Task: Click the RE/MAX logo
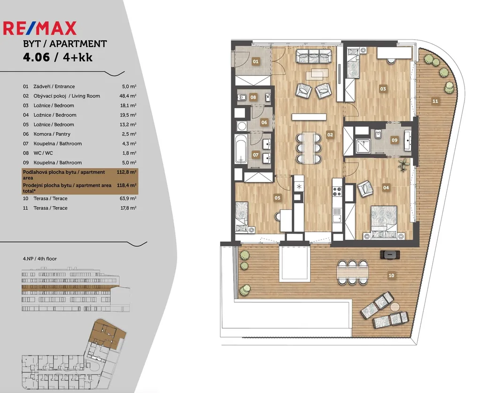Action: click(x=39, y=28)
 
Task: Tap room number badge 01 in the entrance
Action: click(x=256, y=62)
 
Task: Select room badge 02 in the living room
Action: click(x=330, y=134)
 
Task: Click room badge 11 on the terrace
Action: click(x=435, y=101)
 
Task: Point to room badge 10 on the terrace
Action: click(x=391, y=275)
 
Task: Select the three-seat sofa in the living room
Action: click(x=314, y=56)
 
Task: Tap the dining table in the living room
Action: click(x=309, y=148)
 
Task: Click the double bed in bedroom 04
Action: click(x=384, y=222)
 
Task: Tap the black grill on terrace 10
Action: click(x=390, y=254)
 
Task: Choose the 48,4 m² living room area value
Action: click(x=128, y=96)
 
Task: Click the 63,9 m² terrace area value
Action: click(x=128, y=198)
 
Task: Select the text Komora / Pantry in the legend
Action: click(x=52, y=134)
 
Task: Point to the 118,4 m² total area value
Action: click(x=127, y=185)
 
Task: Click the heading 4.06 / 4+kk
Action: click(x=58, y=57)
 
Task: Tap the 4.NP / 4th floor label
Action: click(x=40, y=259)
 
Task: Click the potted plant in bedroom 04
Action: click(x=403, y=165)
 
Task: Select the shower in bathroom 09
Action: click(x=363, y=147)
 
